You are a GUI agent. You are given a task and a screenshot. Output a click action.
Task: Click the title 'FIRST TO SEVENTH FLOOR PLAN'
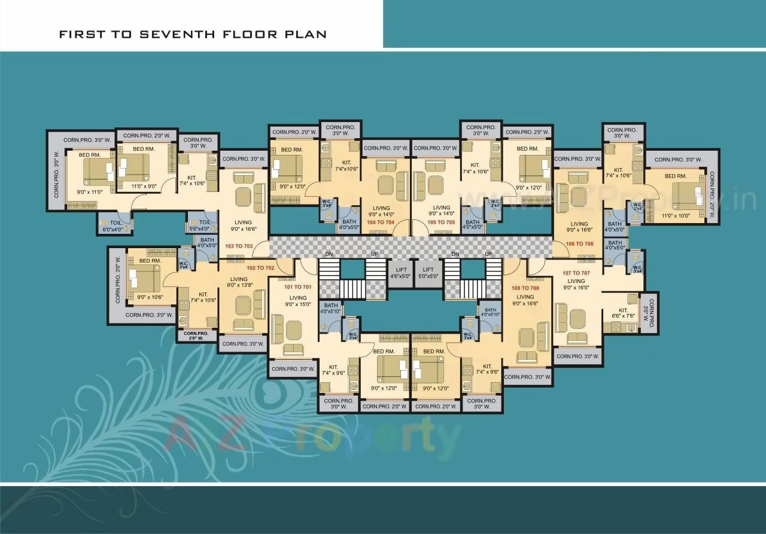pyautogui.click(x=193, y=34)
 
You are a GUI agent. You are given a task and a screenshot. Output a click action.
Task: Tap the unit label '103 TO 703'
pyautogui.click(x=239, y=246)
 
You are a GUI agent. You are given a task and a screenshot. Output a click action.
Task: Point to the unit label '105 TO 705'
pyautogui.click(x=441, y=222)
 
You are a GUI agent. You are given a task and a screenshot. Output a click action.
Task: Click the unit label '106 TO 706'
pyautogui.click(x=579, y=244)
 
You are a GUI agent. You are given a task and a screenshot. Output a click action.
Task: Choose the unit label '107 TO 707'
pyautogui.click(x=576, y=273)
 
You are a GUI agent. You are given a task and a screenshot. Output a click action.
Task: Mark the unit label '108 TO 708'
pyautogui.click(x=525, y=288)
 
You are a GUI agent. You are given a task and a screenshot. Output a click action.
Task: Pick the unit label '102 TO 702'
pyautogui.click(x=260, y=268)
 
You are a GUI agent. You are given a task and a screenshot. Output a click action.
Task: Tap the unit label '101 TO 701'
pyautogui.click(x=297, y=287)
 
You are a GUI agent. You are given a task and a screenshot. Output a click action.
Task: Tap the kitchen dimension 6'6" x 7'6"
pyautogui.click(x=623, y=316)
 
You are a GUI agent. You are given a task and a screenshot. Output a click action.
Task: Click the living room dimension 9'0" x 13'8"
pyautogui.click(x=239, y=285)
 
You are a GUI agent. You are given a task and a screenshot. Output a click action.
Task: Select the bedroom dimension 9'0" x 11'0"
pyautogui.click(x=90, y=192)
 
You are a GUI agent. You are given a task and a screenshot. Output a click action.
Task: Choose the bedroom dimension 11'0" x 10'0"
pyautogui.click(x=677, y=215)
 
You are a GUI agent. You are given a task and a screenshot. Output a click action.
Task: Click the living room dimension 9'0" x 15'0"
pyautogui.click(x=297, y=304)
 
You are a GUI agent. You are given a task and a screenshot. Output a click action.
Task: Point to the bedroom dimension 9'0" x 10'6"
pyautogui.click(x=150, y=297)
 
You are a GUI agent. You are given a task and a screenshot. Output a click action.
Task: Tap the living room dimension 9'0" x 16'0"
pyautogui.click(x=576, y=288)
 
